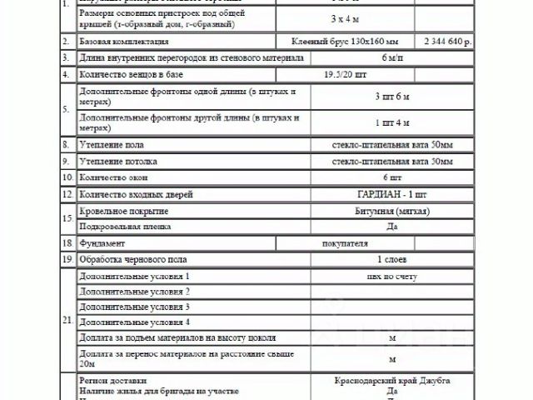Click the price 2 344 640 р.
click(450, 40)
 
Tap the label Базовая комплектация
click(124, 40)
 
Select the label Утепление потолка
click(119, 161)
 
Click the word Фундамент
click(102, 243)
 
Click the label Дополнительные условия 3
click(134, 307)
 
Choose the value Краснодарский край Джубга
click(391, 380)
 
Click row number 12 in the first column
click(67, 194)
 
